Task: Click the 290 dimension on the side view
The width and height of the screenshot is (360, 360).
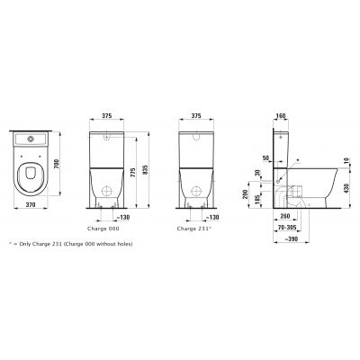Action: click(x=246, y=193)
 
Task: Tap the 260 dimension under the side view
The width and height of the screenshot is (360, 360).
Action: click(x=283, y=218)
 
